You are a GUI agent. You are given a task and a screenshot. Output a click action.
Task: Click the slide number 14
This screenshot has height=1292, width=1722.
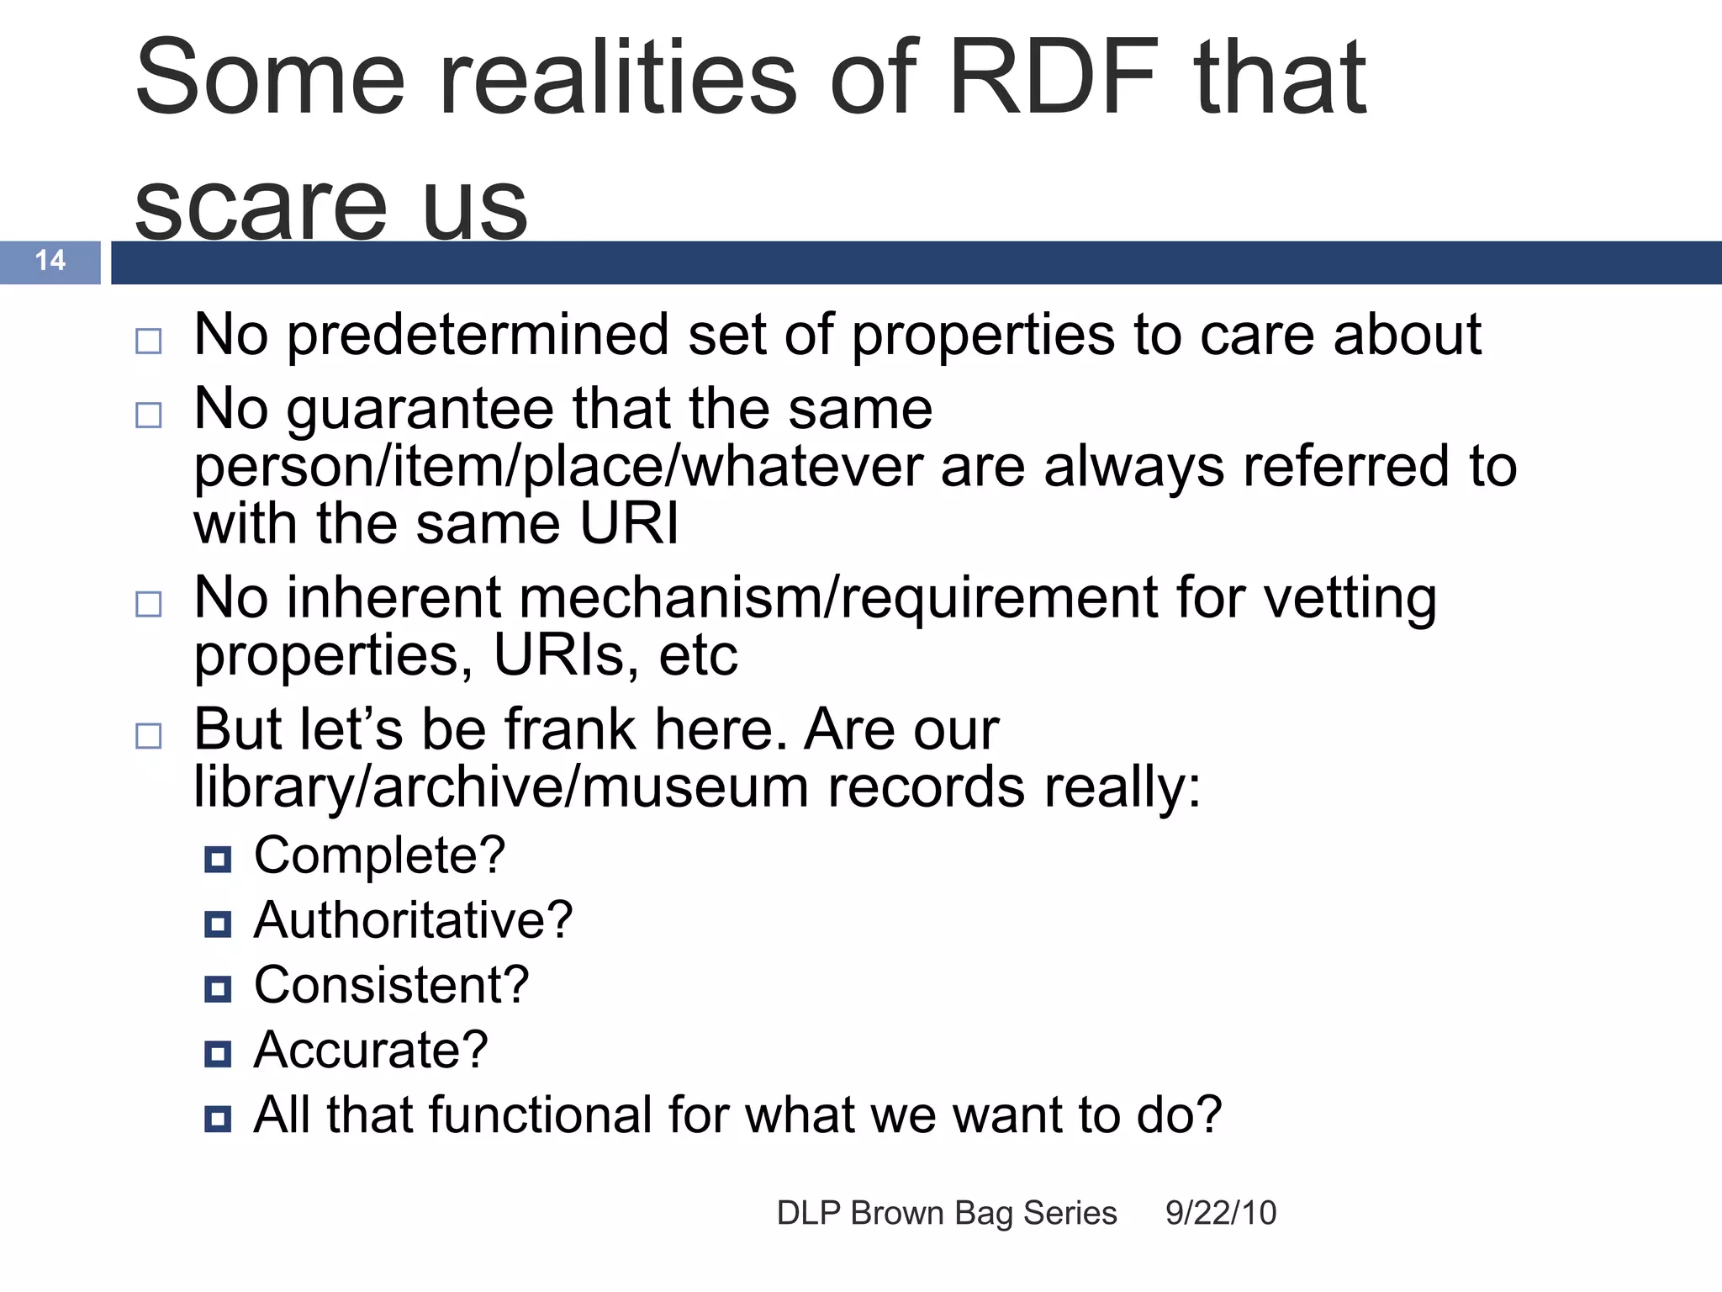click(50, 260)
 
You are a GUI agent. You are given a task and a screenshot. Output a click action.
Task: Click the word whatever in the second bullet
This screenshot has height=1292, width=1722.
click(804, 467)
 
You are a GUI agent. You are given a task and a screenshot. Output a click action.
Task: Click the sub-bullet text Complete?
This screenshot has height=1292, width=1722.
click(379, 855)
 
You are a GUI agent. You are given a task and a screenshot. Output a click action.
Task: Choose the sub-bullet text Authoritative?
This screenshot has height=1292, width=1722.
click(413, 920)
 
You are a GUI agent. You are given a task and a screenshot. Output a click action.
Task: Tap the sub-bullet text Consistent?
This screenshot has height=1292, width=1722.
click(391, 985)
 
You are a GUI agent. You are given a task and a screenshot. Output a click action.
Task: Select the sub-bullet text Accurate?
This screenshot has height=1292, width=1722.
click(371, 1050)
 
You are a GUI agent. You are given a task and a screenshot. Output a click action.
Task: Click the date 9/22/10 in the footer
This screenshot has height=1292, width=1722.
click(1220, 1213)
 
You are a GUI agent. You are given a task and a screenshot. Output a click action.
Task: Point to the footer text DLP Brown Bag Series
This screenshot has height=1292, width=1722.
click(947, 1213)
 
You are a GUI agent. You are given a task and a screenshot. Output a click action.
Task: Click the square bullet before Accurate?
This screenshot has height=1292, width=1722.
click(218, 1053)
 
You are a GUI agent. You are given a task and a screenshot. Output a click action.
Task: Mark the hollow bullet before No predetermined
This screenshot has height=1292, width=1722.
click(149, 341)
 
